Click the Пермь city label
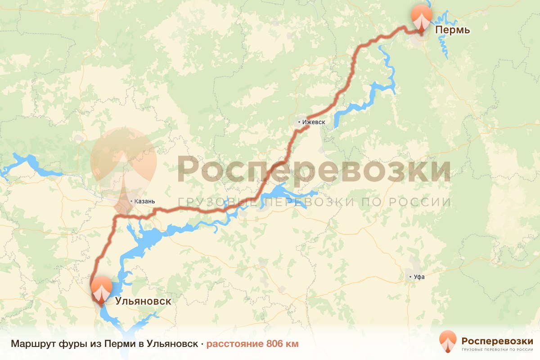tap(452, 30)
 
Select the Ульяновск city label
tap(143, 301)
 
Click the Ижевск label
tap(314, 122)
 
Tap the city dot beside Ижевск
tap(299, 122)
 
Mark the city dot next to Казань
tap(130, 201)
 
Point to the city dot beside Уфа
tap(410, 277)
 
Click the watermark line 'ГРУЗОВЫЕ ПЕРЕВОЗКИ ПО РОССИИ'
tap(314, 202)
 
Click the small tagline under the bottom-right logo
tap(497, 349)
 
